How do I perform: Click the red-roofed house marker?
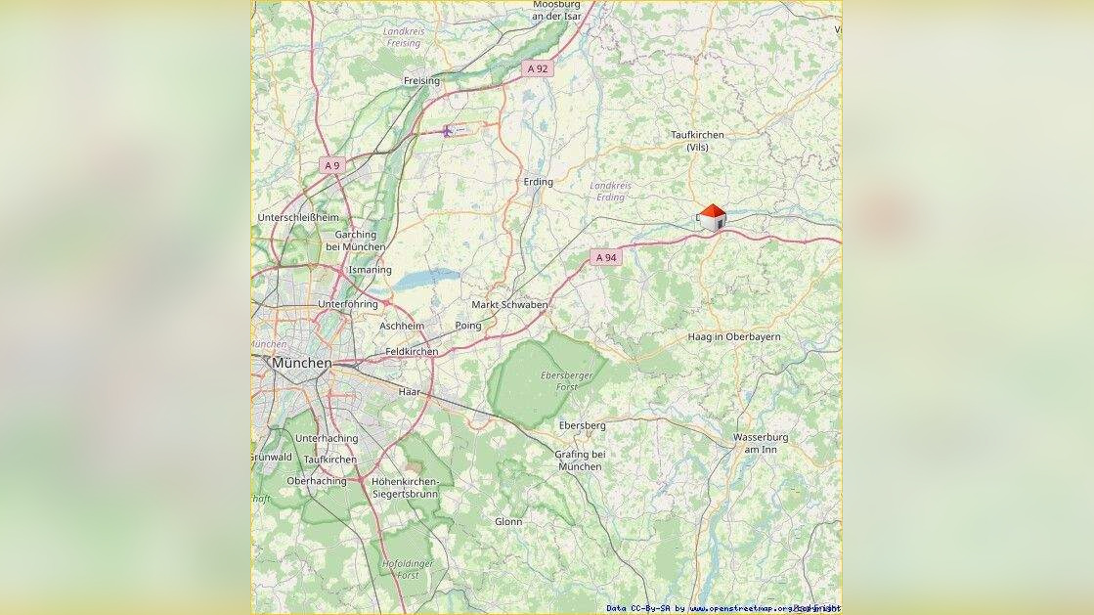pos(713,217)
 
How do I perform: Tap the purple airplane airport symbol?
pos(447,130)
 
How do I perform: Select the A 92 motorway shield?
pos(538,68)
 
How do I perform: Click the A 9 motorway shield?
pos(332,165)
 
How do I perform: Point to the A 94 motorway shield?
pos(606,257)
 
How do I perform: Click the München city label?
pos(302,363)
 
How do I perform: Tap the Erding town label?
pos(538,182)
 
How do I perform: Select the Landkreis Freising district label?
pos(403,37)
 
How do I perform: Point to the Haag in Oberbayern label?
pos(734,336)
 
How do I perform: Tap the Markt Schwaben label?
pos(509,305)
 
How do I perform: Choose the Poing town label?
pos(468,325)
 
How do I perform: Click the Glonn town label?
pos(508,522)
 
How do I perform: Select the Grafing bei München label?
pos(580,461)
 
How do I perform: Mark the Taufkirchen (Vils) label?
pos(697,141)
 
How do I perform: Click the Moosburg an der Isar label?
pos(557,10)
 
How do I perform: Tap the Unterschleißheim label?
pos(297,217)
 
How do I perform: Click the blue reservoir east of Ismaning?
pos(426,279)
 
